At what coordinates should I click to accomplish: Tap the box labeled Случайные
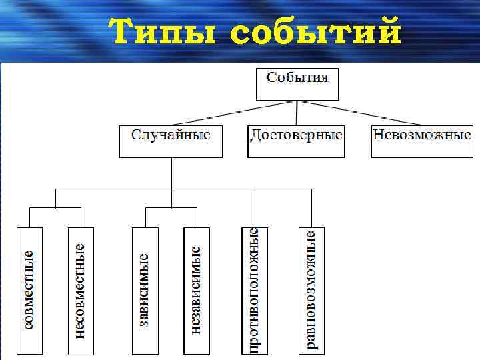click(x=171, y=141)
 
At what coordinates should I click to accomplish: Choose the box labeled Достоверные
click(x=296, y=141)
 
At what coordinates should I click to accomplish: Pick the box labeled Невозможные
click(x=421, y=141)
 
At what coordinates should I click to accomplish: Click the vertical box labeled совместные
click(x=29, y=291)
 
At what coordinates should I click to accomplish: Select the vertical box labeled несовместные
click(x=81, y=291)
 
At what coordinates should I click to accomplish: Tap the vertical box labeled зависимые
click(x=145, y=291)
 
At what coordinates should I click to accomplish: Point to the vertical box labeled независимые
click(x=196, y=291)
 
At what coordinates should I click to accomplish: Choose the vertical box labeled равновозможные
click(x=311, y=291)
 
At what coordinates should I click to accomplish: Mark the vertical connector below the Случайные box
click(x=171, y=173)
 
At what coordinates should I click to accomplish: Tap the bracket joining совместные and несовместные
click(x=55, y=207)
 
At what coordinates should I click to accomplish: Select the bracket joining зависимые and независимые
click(x=171, y=207)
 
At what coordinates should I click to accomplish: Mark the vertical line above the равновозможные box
click(x=311, y=208)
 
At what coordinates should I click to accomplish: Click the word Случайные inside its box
click(x=171, y=135)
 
